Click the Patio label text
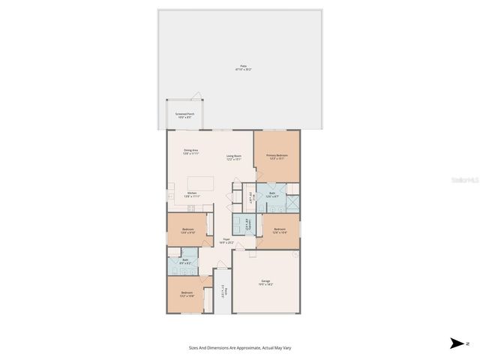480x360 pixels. [x=244, y=67]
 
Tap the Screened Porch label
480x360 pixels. [x=184, y=115]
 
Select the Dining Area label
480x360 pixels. [x=191, y=151]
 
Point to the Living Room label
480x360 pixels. [x=233, y=157]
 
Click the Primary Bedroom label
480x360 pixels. [x=277, y=157]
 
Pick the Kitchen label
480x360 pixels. [x=191, y=194]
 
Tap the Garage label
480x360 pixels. [x=266, y=282]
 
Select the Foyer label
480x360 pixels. [x=226, y=241]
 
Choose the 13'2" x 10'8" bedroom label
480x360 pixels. [x=187, y=294]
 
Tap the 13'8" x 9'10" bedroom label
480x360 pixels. [x=187, y=230]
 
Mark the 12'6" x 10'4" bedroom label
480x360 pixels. [x=279, y=230]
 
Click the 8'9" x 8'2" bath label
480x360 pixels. [x=184, y=262]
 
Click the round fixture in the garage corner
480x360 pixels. [x=296, y=254]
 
